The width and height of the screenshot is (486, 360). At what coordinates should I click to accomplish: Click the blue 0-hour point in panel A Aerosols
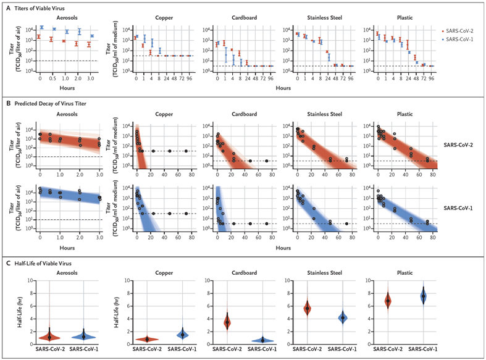(41, 27)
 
